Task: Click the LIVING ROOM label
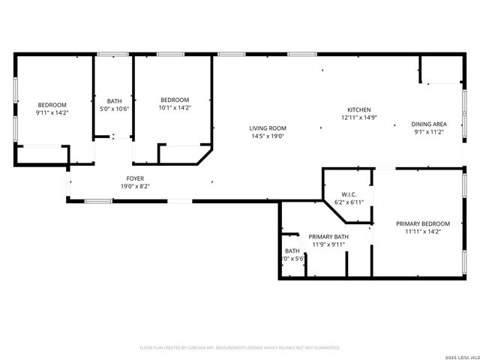(268, 128)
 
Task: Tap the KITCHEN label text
(358, 109)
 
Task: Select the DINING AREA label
(429, 124)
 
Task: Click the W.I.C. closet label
(349, 194)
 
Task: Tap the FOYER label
(135, 178)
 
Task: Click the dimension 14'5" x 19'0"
(268, 137)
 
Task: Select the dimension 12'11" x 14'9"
(358, 118)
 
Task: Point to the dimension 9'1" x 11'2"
(429, 132)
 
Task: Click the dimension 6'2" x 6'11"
(349, 202)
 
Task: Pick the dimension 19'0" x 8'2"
(135, 187)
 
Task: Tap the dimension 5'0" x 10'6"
(114, 109)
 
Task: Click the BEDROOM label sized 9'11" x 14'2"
(52, 104)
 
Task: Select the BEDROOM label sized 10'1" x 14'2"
(174, 100)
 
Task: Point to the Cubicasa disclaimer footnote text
(240, 348)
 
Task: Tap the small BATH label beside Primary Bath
(292, 250)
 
